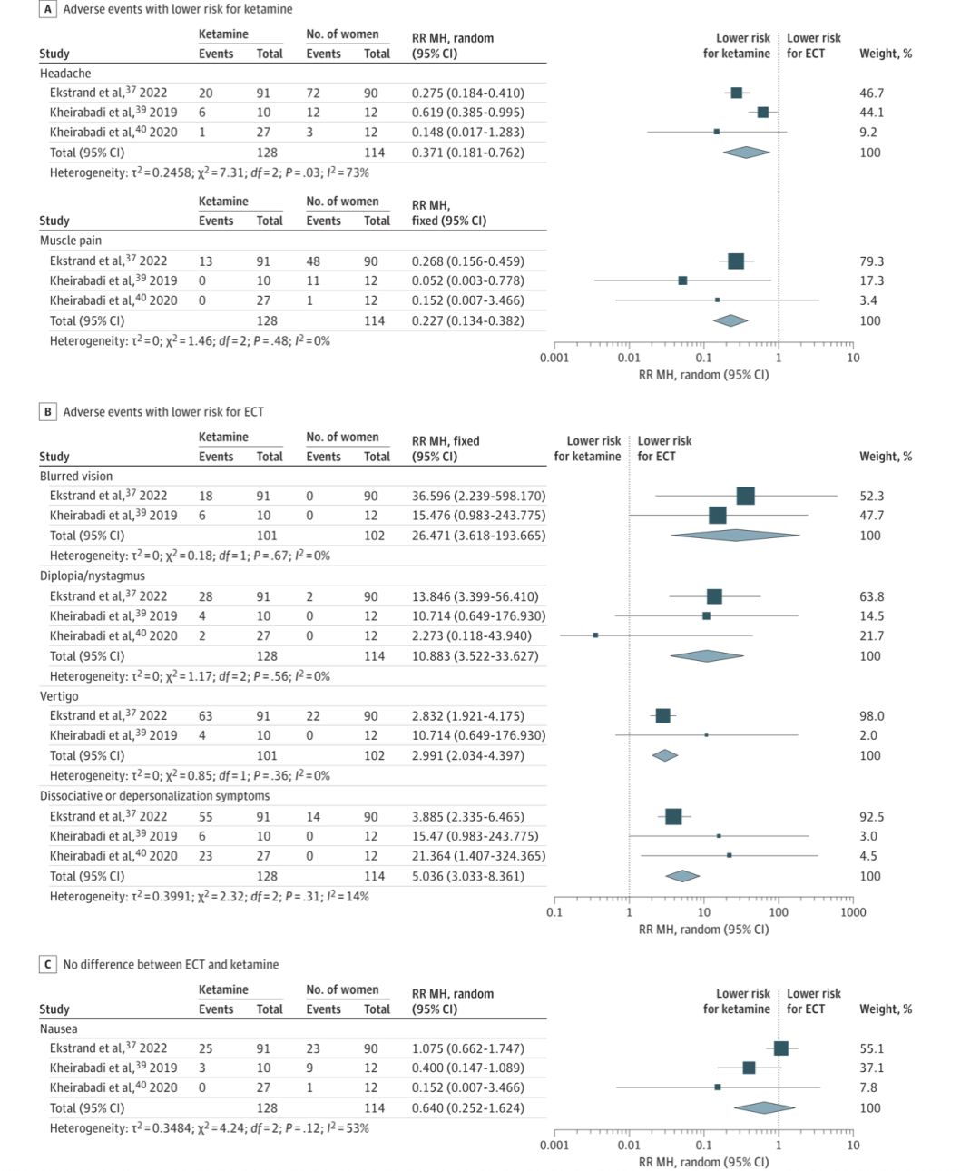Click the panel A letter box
pos(48,9)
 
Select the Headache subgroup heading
pos(65,74)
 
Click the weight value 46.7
pos(871,93)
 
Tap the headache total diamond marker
pos(746,153)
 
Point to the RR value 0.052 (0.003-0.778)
pos(467,280)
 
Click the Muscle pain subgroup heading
pos(71,241)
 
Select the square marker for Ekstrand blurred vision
pos(745,496)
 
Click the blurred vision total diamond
pos(735,536)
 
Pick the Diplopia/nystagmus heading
pos(93,576)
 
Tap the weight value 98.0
pos(871,716)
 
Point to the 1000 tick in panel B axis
pos(852,912)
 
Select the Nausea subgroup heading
pos(59,1029)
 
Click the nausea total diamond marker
pos(764,1107)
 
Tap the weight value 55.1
pos(871,1048)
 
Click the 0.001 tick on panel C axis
pos(554,1146)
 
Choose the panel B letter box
pos(48,412)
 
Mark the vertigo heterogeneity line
pos(190,776)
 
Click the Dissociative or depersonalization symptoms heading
pos(154,796)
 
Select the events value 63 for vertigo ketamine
pos(206,716)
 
